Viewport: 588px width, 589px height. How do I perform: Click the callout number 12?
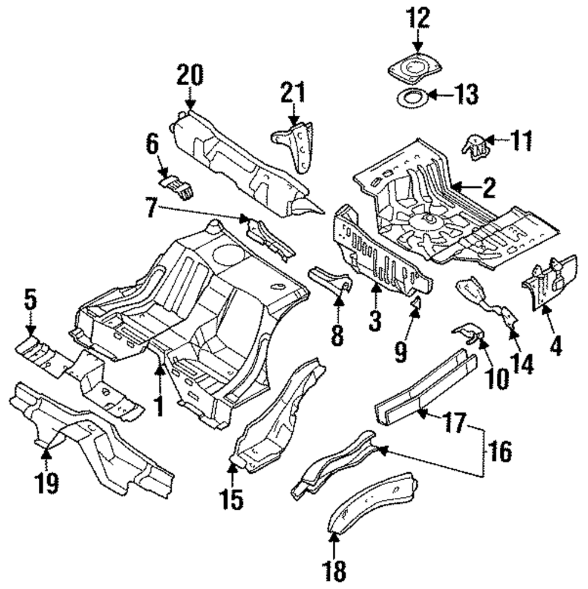click(417, 18)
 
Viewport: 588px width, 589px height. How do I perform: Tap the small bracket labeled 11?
click(476, 148)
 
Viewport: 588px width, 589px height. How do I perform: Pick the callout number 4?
click(555, 345)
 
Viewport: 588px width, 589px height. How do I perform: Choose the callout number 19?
click(47, 483)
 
